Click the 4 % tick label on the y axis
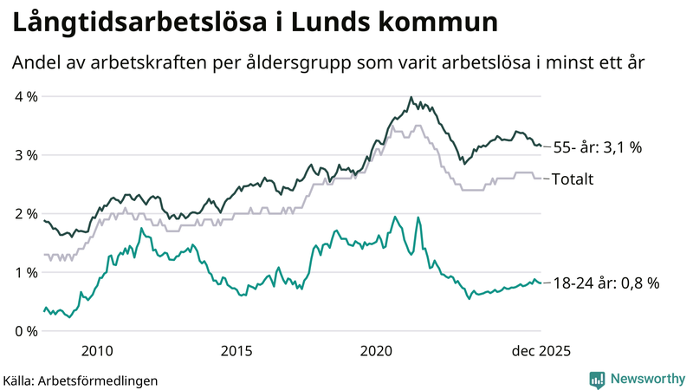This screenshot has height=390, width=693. point(26,96)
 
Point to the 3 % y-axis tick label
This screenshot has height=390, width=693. point(26,155)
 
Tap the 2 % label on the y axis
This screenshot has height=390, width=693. point(26,214)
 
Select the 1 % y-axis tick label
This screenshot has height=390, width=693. point(26,273)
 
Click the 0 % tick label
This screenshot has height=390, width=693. point(26,331)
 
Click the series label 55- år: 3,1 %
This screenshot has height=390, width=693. point(597,147)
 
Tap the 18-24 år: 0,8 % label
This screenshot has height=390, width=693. point(606,283)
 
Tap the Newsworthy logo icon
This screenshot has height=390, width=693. point(597,379)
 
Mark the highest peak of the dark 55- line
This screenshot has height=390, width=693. point(411,97)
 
